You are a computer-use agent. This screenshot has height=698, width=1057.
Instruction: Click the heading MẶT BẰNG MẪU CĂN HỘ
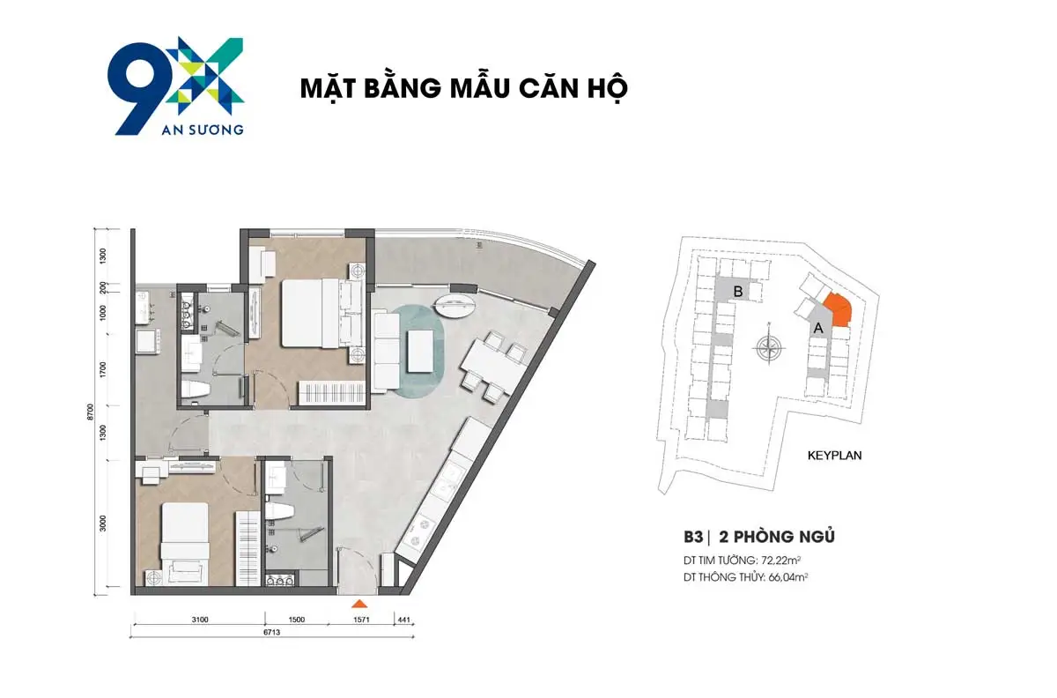[x=463, y=90]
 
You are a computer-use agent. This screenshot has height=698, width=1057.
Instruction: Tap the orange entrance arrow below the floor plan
[x=358, y=605]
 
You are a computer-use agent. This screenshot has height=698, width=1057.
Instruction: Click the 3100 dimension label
[x=199, y=620]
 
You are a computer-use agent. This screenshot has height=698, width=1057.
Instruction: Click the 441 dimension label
[x=405, y=620]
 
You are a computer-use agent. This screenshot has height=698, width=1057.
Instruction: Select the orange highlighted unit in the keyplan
[x=838, y=311]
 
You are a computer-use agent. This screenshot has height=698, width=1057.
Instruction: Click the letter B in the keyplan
[x=740, y=292]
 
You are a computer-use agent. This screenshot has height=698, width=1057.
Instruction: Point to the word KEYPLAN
[x=834, y=457]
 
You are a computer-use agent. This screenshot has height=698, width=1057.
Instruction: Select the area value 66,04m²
[x=789, y=577]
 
